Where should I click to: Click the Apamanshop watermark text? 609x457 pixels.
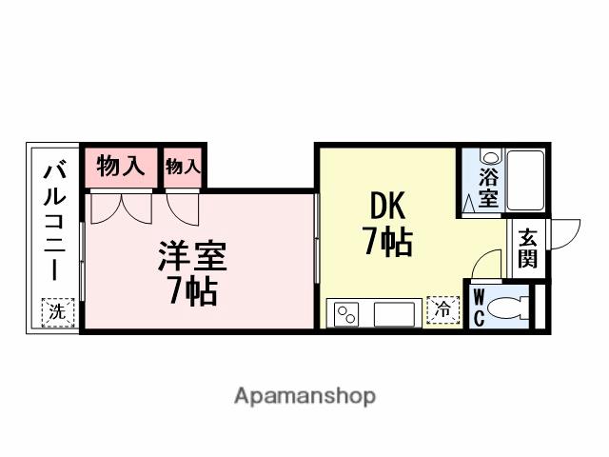tap(304, 395)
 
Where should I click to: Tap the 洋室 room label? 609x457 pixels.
tap(192, 257)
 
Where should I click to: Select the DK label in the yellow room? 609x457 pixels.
tap(385, 207)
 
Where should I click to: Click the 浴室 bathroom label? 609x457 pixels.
tap(488, 188)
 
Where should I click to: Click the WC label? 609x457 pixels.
tap(479, 307)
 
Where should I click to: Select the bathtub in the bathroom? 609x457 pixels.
tap(524, 180)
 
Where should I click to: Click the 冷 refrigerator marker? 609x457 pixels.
tap(442, 310)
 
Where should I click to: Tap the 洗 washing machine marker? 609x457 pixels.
tap(56, 311)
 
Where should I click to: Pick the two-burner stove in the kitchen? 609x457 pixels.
tap(344, 312)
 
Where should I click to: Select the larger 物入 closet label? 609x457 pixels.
tap(122, 168)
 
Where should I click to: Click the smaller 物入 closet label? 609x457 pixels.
tap(184, 168)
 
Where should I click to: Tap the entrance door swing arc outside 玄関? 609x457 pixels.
tap(564, 232)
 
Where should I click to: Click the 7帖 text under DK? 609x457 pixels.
tap(386, 243)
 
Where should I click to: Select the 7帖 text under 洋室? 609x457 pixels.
tap(192, 290)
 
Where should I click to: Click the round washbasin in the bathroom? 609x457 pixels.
tap(488, 157)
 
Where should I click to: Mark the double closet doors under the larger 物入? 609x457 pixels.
tap(121, 207)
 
